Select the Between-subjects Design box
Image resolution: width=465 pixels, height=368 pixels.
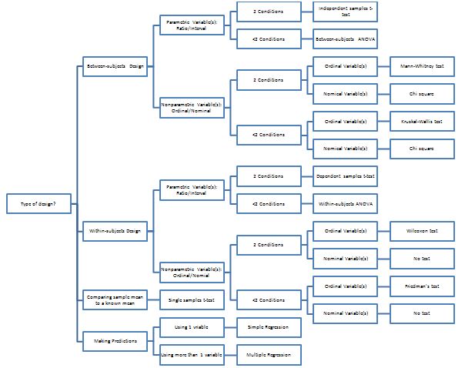pyautogui.click(x=115, y=66)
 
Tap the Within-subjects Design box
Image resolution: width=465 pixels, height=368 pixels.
pyautogui.click(x=115, y=230)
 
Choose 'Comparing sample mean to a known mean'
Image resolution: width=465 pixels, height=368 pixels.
pyautogui.click(x=115, y=298)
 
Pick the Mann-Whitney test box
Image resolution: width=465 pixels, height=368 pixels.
pyautogui.click(x=422, y=66)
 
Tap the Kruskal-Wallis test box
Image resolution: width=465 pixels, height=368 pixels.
pyautogui.click(x=422, y=121)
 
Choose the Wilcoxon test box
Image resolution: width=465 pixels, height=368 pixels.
pyautogui.click(x=422, y=230)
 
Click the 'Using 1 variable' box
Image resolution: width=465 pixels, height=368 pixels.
pyautogui.click(x=192, y=327)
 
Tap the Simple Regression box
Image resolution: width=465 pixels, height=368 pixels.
pyautogui.click(x=268, y=327)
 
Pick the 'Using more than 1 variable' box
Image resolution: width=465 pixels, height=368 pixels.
pyautogui.click(x=192, y=355)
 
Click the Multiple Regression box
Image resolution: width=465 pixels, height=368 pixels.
pyautogui.click(x=268, y=355)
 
